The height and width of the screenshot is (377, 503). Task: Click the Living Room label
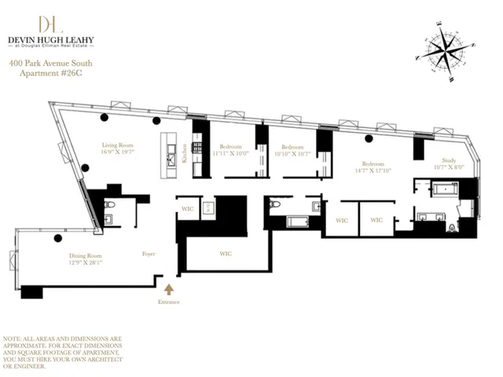point(120,145)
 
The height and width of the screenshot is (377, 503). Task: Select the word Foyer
point(149,254)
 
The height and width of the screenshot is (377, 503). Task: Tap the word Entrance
point(168,302)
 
